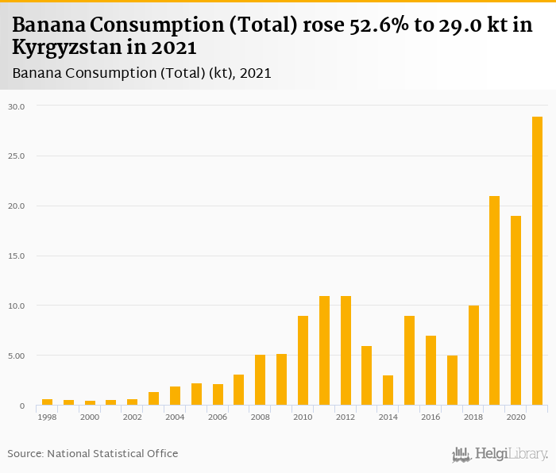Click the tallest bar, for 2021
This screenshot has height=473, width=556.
click(537, 261)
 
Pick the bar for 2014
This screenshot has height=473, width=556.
click(388, 390)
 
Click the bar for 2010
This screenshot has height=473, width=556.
click(303, 360)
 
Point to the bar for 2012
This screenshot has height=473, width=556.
click(346, 351)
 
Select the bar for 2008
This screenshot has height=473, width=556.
click(260, 380)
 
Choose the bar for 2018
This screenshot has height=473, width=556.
click(473, 356)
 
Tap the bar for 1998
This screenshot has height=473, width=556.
click(47, 402)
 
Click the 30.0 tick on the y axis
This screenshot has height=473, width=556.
click(17, 106)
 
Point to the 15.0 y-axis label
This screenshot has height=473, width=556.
click(17, 256)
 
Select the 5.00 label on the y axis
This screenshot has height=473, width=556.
click(17, 356)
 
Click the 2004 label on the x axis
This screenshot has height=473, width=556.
click(175, 417)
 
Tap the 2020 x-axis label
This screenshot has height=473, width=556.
click(515, 417)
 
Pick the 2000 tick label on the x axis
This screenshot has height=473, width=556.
click(90, 417)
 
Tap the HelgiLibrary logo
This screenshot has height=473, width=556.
click(500, 455)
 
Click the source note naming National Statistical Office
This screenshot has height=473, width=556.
click(93, 453)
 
